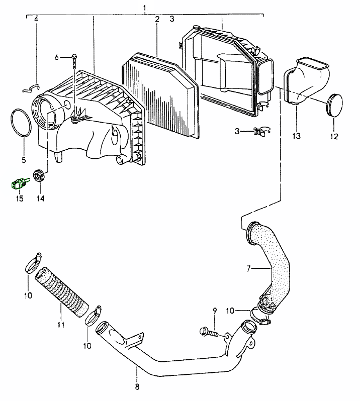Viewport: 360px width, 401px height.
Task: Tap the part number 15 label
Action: click(19, 198)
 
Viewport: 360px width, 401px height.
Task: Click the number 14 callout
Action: click(40, 198)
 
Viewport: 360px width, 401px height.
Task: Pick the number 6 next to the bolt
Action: click(57, 57)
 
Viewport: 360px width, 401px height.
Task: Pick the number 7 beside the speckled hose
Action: click(248, 268)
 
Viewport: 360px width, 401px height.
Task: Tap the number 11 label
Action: click(61, 325)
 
